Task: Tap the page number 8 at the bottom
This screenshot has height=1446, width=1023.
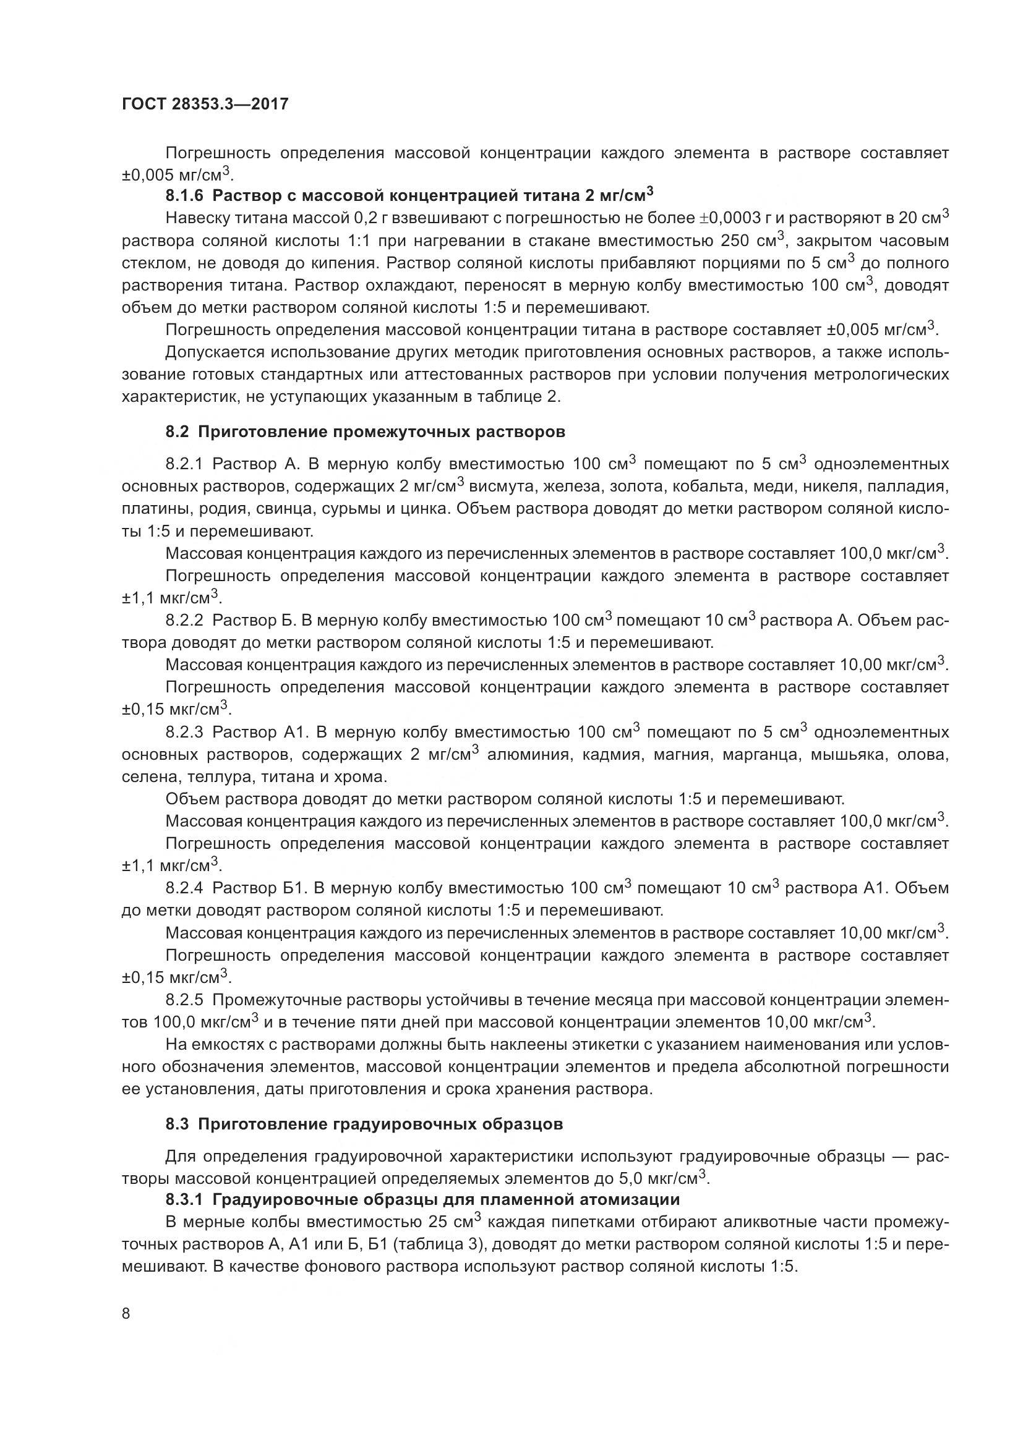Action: point(126,1314)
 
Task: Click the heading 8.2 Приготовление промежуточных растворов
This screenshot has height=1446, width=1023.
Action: point(366,432)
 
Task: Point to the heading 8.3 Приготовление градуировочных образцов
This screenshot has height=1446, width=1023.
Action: point(364,1124)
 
